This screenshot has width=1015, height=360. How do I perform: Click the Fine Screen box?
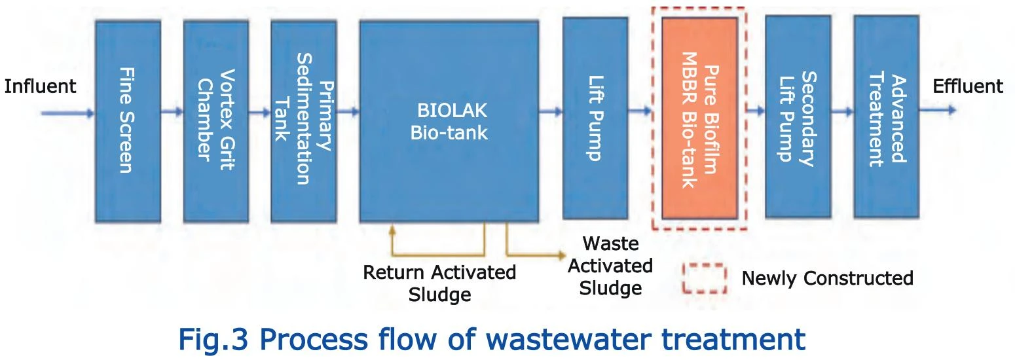(128, 121)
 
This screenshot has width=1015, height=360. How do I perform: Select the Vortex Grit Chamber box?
(215, 121)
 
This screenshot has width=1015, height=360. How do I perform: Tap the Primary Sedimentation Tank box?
(304, 121)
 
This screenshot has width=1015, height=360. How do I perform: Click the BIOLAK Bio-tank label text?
(449, 121)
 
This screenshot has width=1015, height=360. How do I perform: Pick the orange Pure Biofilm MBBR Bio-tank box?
(699, 118)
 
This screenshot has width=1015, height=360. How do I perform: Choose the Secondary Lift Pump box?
(798, 117)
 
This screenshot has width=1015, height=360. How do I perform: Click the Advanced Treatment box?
(886, 117)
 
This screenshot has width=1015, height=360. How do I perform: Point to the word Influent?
(40, 86)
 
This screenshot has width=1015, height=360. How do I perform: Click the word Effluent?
(968, 86)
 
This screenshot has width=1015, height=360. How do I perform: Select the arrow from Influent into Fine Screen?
(68, 113)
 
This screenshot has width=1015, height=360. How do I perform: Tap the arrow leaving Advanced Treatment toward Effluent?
(938, 110)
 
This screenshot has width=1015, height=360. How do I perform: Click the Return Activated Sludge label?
(439, 283)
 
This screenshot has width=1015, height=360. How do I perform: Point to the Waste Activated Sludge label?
(610, 266)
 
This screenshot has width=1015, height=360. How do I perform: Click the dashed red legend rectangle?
(705, 264)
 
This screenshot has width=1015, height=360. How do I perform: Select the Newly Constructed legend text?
(828, 278)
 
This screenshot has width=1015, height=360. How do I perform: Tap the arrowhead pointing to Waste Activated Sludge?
(561, 255)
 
